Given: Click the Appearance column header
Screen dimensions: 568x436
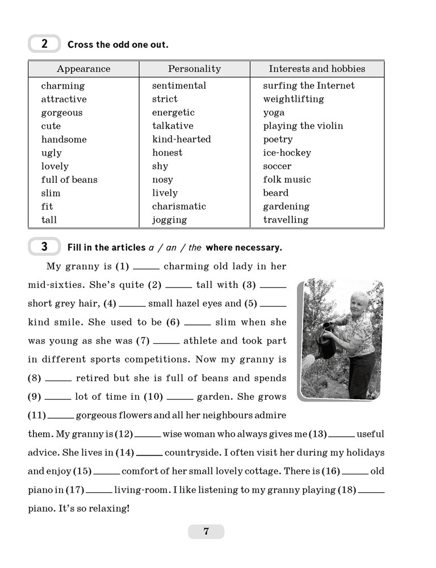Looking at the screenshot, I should [x=83, y=69].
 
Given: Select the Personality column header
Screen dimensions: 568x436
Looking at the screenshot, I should [x=194, y=69].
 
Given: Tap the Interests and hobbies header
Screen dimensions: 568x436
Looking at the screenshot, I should [x=317, y=69].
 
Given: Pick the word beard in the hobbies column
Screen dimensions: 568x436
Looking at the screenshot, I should [x=276, y=193].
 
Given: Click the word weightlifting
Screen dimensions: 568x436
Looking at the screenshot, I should [x=294, y=99].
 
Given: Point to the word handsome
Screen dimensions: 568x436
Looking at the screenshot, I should [x=64, y=140].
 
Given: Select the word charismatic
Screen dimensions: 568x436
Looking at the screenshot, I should [x=179, y=207].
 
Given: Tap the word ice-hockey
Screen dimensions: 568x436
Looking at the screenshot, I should [x=287, y=153].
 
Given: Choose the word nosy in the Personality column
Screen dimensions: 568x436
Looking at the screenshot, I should [x=162, y=180].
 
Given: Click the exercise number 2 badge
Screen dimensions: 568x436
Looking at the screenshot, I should [x=44, y=44].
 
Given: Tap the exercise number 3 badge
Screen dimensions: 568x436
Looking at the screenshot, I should [x=44, y=247].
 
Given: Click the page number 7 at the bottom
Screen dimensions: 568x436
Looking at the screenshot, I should [x=206, y=532].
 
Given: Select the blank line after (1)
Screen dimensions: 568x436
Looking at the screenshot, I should [x=146, y=268].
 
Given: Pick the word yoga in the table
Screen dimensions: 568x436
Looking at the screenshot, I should [x=274, y=113].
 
